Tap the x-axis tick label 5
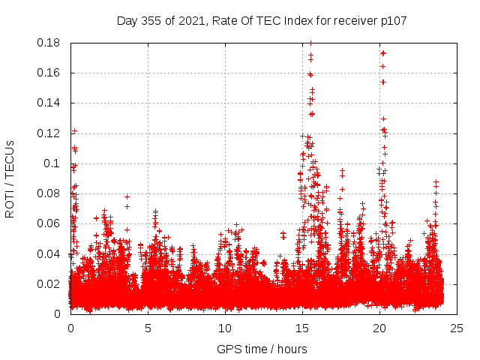(x=148, y=328)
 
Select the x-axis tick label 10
(x=225, y=328)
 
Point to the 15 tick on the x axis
(x=302, y=328)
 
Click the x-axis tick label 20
(x=379, y=328)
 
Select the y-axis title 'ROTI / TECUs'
(x=10, y=178)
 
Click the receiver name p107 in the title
(x=392, y=20)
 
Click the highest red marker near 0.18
(x=310, y=43)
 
